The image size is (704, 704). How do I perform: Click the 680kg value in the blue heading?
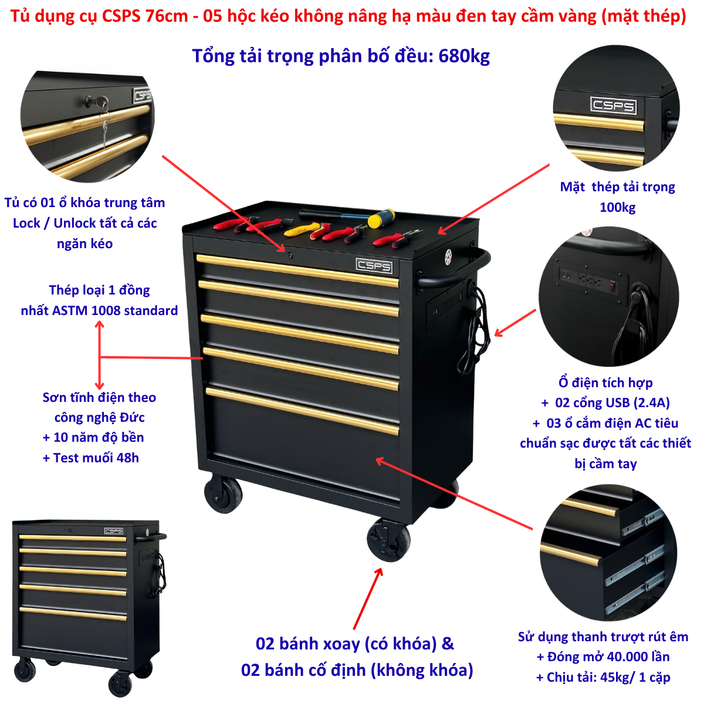(x=463, y=56)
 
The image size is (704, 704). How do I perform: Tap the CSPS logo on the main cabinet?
(x=374, y=266)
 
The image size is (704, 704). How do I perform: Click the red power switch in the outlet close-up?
(x=612, y=286)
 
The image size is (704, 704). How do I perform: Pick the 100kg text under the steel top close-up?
(x=618, y=207)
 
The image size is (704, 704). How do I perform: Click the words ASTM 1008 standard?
(x=115, y=310)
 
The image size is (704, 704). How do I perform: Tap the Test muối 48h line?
(x=91, y=458)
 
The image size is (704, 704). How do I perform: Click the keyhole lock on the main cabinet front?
(x=290, y=256)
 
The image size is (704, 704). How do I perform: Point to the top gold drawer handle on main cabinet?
(x=297, y=270)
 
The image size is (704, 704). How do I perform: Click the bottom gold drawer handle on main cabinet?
(x=302, y=411)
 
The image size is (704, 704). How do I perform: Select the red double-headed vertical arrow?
(x=99, y=355)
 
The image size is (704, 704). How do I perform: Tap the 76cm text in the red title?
(x=167, y=16)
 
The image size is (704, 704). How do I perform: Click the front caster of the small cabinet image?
(x=120, y=683)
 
